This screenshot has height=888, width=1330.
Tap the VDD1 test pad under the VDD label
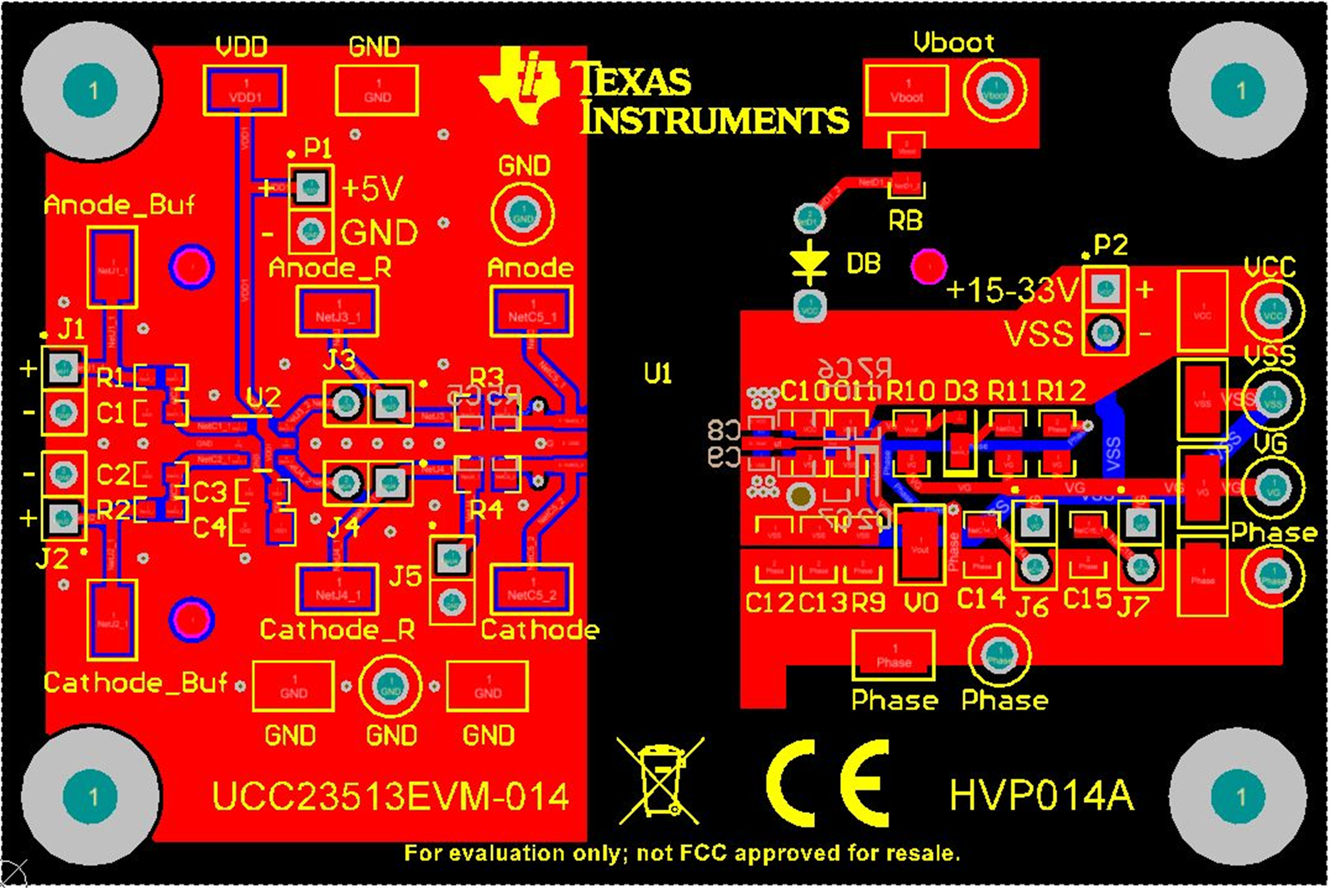[245, 90]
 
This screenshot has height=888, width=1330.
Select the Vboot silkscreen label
[953, 43]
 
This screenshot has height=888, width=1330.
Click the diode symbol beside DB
[809, 262]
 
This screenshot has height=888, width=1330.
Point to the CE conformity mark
[828, 783]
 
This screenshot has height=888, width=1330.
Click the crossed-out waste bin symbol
[660, 780]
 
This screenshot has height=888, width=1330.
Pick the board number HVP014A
[1042, 795]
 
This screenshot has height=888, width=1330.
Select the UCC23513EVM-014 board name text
[390, 796]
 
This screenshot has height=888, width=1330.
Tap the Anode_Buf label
[119, 205]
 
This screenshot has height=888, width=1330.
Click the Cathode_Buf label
[135, 683]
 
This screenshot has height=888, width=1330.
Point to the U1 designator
[657, 374]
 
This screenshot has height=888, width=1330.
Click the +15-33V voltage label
[1012, 290]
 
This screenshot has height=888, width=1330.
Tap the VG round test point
[1272, 487]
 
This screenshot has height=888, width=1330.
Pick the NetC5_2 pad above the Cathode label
[531, 590]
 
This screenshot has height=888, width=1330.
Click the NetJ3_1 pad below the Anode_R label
[337, 312]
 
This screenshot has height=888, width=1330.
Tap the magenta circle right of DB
[929, 267]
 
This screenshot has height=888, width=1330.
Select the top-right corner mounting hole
[1238, 90]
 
